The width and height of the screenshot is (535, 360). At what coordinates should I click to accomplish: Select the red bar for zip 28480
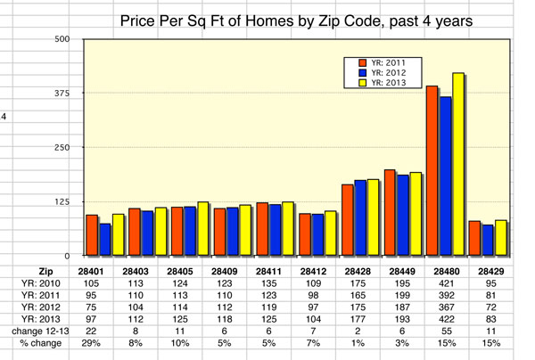(x=432, y=170)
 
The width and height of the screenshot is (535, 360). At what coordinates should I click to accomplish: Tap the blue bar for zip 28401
(x=105, y=239)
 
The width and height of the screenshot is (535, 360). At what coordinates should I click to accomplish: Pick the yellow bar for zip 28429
(x=501, y=237)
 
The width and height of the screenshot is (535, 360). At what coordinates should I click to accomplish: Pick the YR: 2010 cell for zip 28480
(x=445, y=282)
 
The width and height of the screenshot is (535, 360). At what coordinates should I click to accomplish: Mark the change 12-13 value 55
(x=445, y=331)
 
